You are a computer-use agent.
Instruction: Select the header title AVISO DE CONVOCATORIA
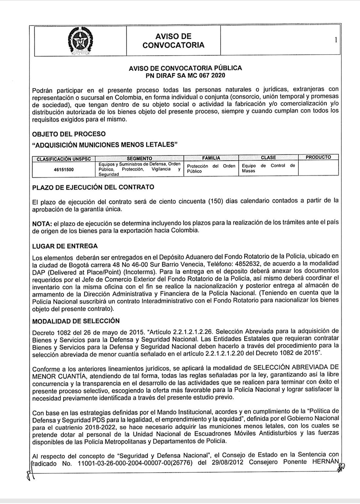(173, 41)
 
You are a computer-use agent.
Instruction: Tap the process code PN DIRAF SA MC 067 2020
(186, 75)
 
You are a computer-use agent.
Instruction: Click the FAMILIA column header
(211, 158)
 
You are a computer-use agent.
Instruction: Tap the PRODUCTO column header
(318, 157)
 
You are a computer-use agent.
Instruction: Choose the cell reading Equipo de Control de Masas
(268, 168)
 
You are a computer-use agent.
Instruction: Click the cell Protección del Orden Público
(211, 168)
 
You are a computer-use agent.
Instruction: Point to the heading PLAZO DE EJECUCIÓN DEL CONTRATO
(93, 188)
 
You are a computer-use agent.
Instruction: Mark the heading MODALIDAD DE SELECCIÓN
(76, 320)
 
